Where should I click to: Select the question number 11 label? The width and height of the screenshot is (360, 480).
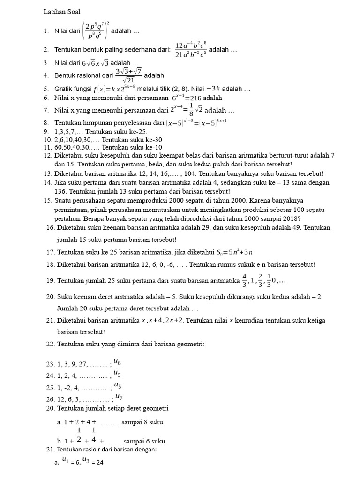click(47, 147)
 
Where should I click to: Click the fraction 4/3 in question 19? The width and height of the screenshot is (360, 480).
click(244, 280)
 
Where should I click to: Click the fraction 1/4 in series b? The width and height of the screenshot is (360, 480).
click(94, 435)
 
